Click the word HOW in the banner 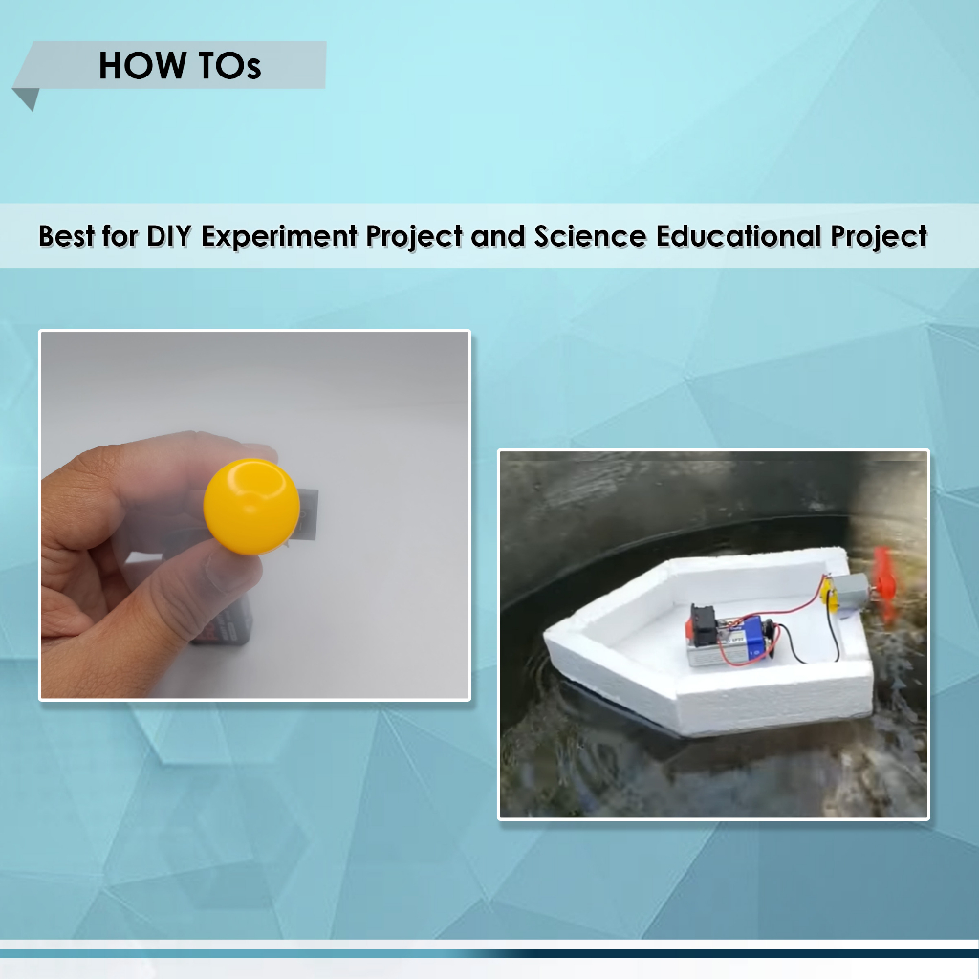(x=143, y=66)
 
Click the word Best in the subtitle (x=66, y=236)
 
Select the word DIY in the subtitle (x=169, y=236)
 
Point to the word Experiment (x=279, y=237)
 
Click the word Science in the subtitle (x=590, y=236)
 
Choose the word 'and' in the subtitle (x=497, y=236)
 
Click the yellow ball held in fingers (x=251, y=507)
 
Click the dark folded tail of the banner (x=26, y=98)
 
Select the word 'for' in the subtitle (x=120, y=236)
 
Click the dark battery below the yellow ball (x=225, y=619)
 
